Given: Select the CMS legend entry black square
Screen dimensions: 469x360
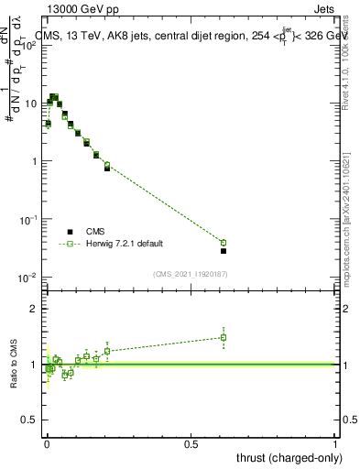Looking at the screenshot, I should click(x=70, y=232).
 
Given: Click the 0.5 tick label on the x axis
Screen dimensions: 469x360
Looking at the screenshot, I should click(x=191, y=443).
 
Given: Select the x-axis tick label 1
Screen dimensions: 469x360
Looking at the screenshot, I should click(x=335, y=443).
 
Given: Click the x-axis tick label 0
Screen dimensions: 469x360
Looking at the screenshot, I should click(x=47, y=443).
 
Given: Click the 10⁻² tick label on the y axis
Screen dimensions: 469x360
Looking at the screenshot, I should click(x=29, y=278).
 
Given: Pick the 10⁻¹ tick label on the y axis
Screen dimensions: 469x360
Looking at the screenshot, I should click(x=29, y=220).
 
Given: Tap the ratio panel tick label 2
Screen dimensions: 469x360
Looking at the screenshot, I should click(x=34, y=309).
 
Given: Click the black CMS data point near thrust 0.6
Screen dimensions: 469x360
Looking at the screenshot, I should click(x=224, y=251).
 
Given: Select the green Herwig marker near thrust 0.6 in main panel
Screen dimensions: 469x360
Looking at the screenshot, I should click(x=224, y=243).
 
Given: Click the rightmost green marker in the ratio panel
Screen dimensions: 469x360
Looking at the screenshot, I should click(x=224, y=337).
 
